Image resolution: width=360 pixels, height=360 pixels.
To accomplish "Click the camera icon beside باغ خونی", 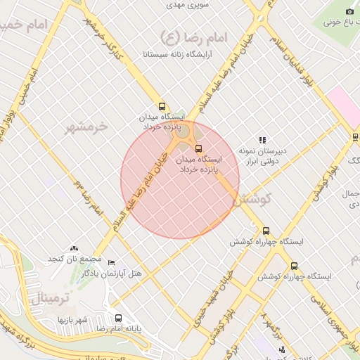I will (x=350, y=11).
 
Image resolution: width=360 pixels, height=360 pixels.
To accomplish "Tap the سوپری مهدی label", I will (x=184, y=4).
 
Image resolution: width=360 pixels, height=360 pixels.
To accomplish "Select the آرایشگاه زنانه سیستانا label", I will (x=181, y=53).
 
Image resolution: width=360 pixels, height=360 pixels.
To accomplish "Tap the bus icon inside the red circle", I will (x=198, y=148).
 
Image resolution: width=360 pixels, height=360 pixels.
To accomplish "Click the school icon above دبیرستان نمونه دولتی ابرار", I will (x=262, y=140).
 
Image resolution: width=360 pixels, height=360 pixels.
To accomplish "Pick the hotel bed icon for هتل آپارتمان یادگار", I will (x=111, y=263).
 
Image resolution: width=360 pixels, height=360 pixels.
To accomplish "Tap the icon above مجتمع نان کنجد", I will (x=74, y=248).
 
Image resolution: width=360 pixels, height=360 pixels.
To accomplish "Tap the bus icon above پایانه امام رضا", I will (x=118, y=318).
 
